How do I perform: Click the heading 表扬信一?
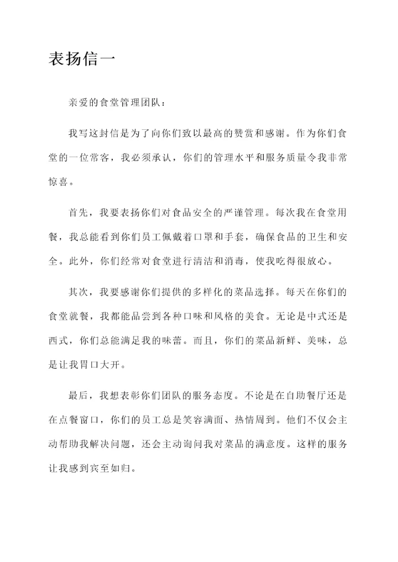[x=82, y=59]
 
